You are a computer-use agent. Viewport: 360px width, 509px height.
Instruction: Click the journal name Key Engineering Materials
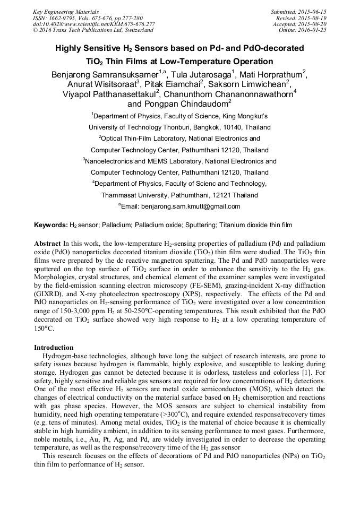point(66,12)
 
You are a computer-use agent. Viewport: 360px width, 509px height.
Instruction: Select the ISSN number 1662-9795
point(62,18)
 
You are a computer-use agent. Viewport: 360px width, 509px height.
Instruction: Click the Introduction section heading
point(54,348)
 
